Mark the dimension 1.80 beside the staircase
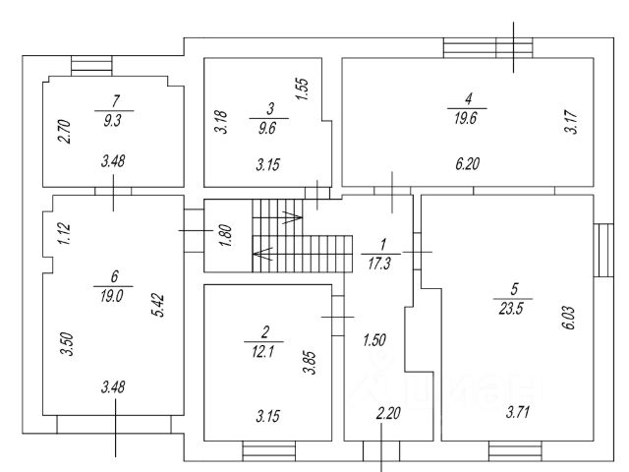click(x=224, y=236)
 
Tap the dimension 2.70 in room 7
click(x=64, y=132)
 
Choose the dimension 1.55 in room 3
click(x=303, y=89)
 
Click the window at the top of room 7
click(x=92, y=65)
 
